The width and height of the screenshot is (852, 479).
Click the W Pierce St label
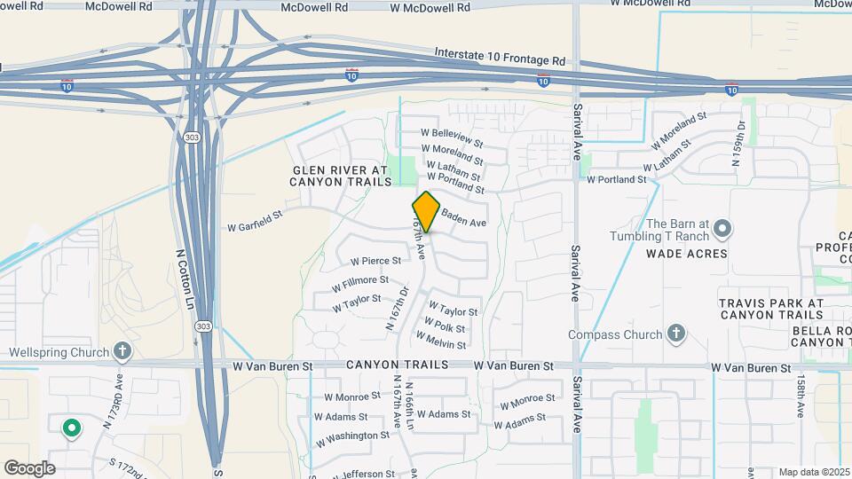pos(375,261)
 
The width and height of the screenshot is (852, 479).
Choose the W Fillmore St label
pos(360,285)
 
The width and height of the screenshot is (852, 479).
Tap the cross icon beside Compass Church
pos(676,334)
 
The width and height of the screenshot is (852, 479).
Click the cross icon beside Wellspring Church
pos(122,352)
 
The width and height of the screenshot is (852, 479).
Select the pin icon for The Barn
pos(722,229)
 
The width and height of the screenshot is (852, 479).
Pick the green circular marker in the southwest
pos(71,429)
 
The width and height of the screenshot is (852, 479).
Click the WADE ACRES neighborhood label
pos(686,254)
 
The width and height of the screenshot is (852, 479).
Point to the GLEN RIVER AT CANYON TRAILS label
pos(341,176)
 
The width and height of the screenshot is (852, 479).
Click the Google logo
pos(29,468)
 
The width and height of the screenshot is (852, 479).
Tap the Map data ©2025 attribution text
pos(813,472)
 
